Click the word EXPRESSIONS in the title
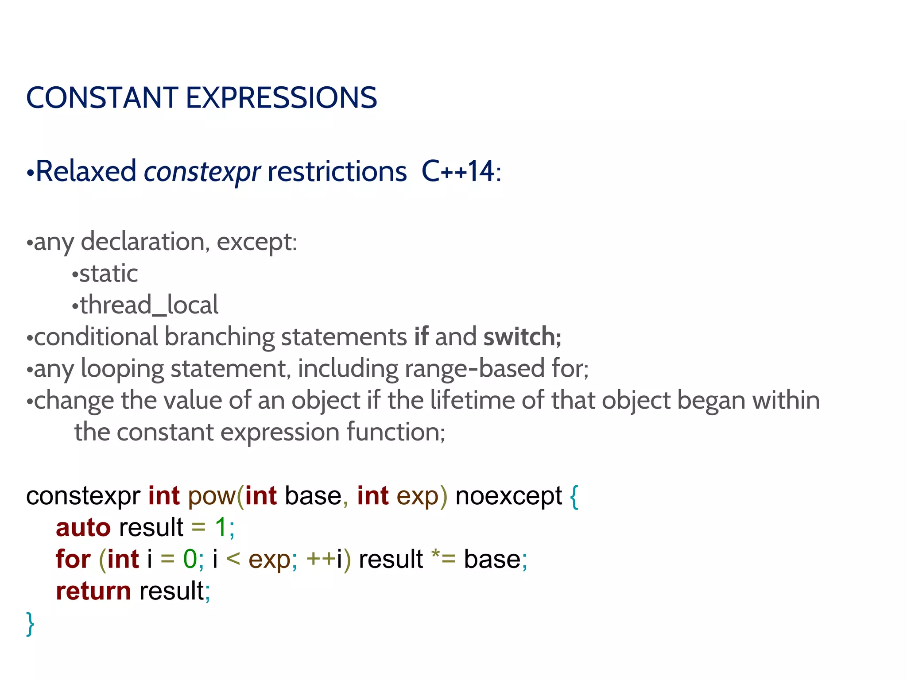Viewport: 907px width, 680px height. [281, 98]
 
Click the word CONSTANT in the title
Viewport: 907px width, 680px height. [102, 98]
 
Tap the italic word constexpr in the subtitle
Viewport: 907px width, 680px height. [202, 172]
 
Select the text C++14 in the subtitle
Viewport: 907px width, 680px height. [457, 171]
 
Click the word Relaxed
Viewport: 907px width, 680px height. [86, 171]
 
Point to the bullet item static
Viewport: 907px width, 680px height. [109, 273]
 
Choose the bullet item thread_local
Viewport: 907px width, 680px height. [149, 305]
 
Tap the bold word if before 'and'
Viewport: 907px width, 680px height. [421, 337]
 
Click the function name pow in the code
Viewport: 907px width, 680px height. [212, 496]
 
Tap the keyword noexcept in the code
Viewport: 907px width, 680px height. [508, 496]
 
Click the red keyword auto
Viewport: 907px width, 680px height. [83, 528]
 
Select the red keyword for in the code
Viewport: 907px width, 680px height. [73, 559]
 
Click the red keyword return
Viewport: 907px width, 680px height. [93, 591]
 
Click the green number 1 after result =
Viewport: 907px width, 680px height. [221, 528]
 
